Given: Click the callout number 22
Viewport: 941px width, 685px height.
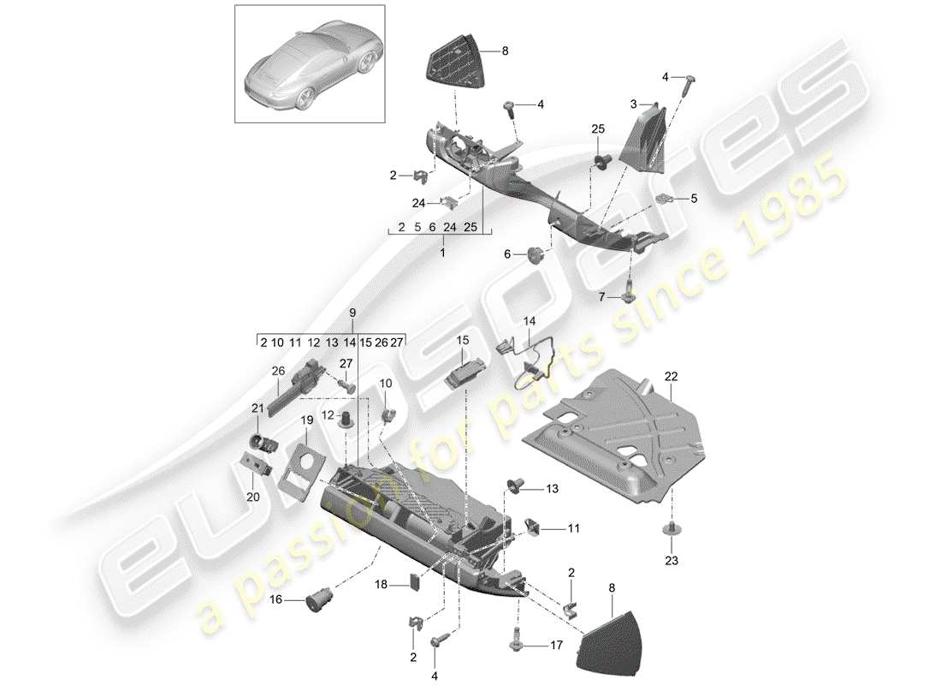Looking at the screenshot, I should [x=670, y=377].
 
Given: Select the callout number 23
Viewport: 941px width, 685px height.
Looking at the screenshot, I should [x=670, y=561].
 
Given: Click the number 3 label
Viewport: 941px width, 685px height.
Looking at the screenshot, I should [x=634, y=104].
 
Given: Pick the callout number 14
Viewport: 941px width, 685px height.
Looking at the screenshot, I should [x=530, y=321].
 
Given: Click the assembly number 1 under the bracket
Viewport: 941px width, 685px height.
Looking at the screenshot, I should [x=442, y=253].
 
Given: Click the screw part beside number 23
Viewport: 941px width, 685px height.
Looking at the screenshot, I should [x=670, y=530].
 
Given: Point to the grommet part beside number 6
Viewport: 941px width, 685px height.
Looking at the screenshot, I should [x=537, y=253].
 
